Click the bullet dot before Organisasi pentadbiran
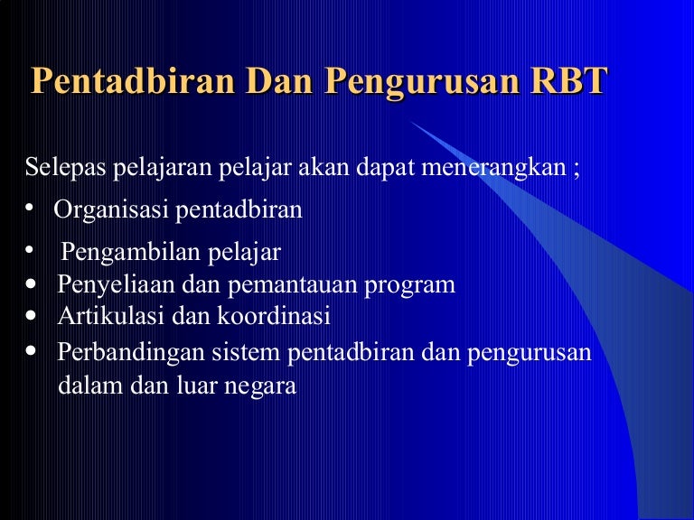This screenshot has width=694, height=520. pos(29,208)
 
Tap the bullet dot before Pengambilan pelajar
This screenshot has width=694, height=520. pos(29,250)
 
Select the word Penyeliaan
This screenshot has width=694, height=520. pos(116,284)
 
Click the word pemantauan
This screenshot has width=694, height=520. pos(293,284)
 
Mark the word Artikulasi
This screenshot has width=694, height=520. pos(110,316)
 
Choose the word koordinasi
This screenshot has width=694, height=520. pos(274,316)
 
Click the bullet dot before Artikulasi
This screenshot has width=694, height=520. pos(31,315)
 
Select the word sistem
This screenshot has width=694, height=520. pos(246,353)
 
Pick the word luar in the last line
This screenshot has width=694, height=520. pos(197,385)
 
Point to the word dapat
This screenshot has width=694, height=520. pos(386,169)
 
